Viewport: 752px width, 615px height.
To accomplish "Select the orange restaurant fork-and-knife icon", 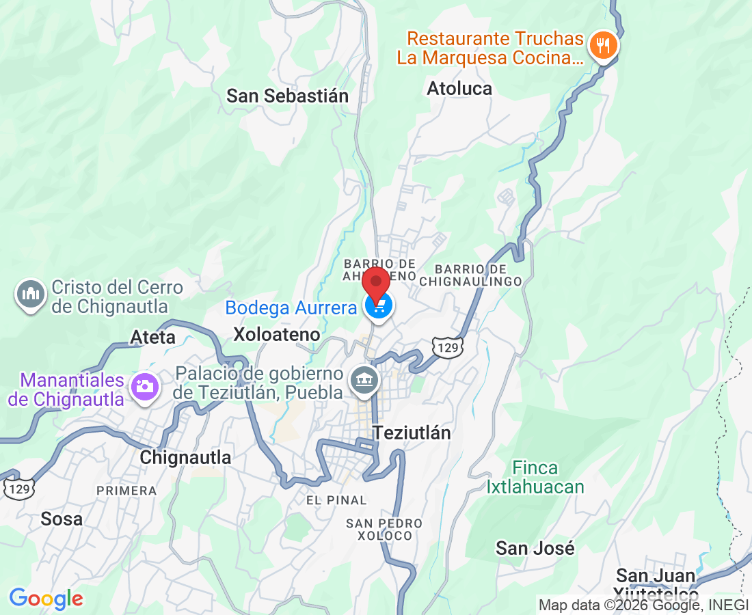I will click(x=602, y=46).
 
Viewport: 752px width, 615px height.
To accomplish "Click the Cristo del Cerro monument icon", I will click(x=30, y=295).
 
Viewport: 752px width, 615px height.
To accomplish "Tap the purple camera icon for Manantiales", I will click(x=144, y=387).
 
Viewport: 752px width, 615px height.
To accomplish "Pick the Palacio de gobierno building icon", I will click(x=364, y=380).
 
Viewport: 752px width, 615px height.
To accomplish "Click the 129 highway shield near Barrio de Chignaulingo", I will click(x=448, y=347).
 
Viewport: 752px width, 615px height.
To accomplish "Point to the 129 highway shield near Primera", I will click(x=18, y=487).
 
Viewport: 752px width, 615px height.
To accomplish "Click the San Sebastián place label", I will click(x=288, y=96).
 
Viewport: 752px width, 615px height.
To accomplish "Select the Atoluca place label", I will click(x=459, y=89).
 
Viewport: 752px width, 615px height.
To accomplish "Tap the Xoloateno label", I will click(x=277, y=335).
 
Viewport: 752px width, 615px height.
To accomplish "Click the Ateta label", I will click(x=153, y=338).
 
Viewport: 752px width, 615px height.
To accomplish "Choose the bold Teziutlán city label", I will click(x=412, y=433).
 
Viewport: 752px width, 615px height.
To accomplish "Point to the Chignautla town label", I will click(x=185, y=458).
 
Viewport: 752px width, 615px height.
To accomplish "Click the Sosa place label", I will click(x=62, y=519).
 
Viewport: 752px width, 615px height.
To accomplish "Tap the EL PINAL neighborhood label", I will click(x=336, y=501).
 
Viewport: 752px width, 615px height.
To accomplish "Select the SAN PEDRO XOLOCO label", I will click(x=384, y=530).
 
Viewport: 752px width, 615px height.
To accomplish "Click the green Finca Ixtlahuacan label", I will click(x=535, y=478).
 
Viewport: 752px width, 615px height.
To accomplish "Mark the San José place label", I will click(x=535, y=548).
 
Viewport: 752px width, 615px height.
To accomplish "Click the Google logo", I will click(x=46, y=599).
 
